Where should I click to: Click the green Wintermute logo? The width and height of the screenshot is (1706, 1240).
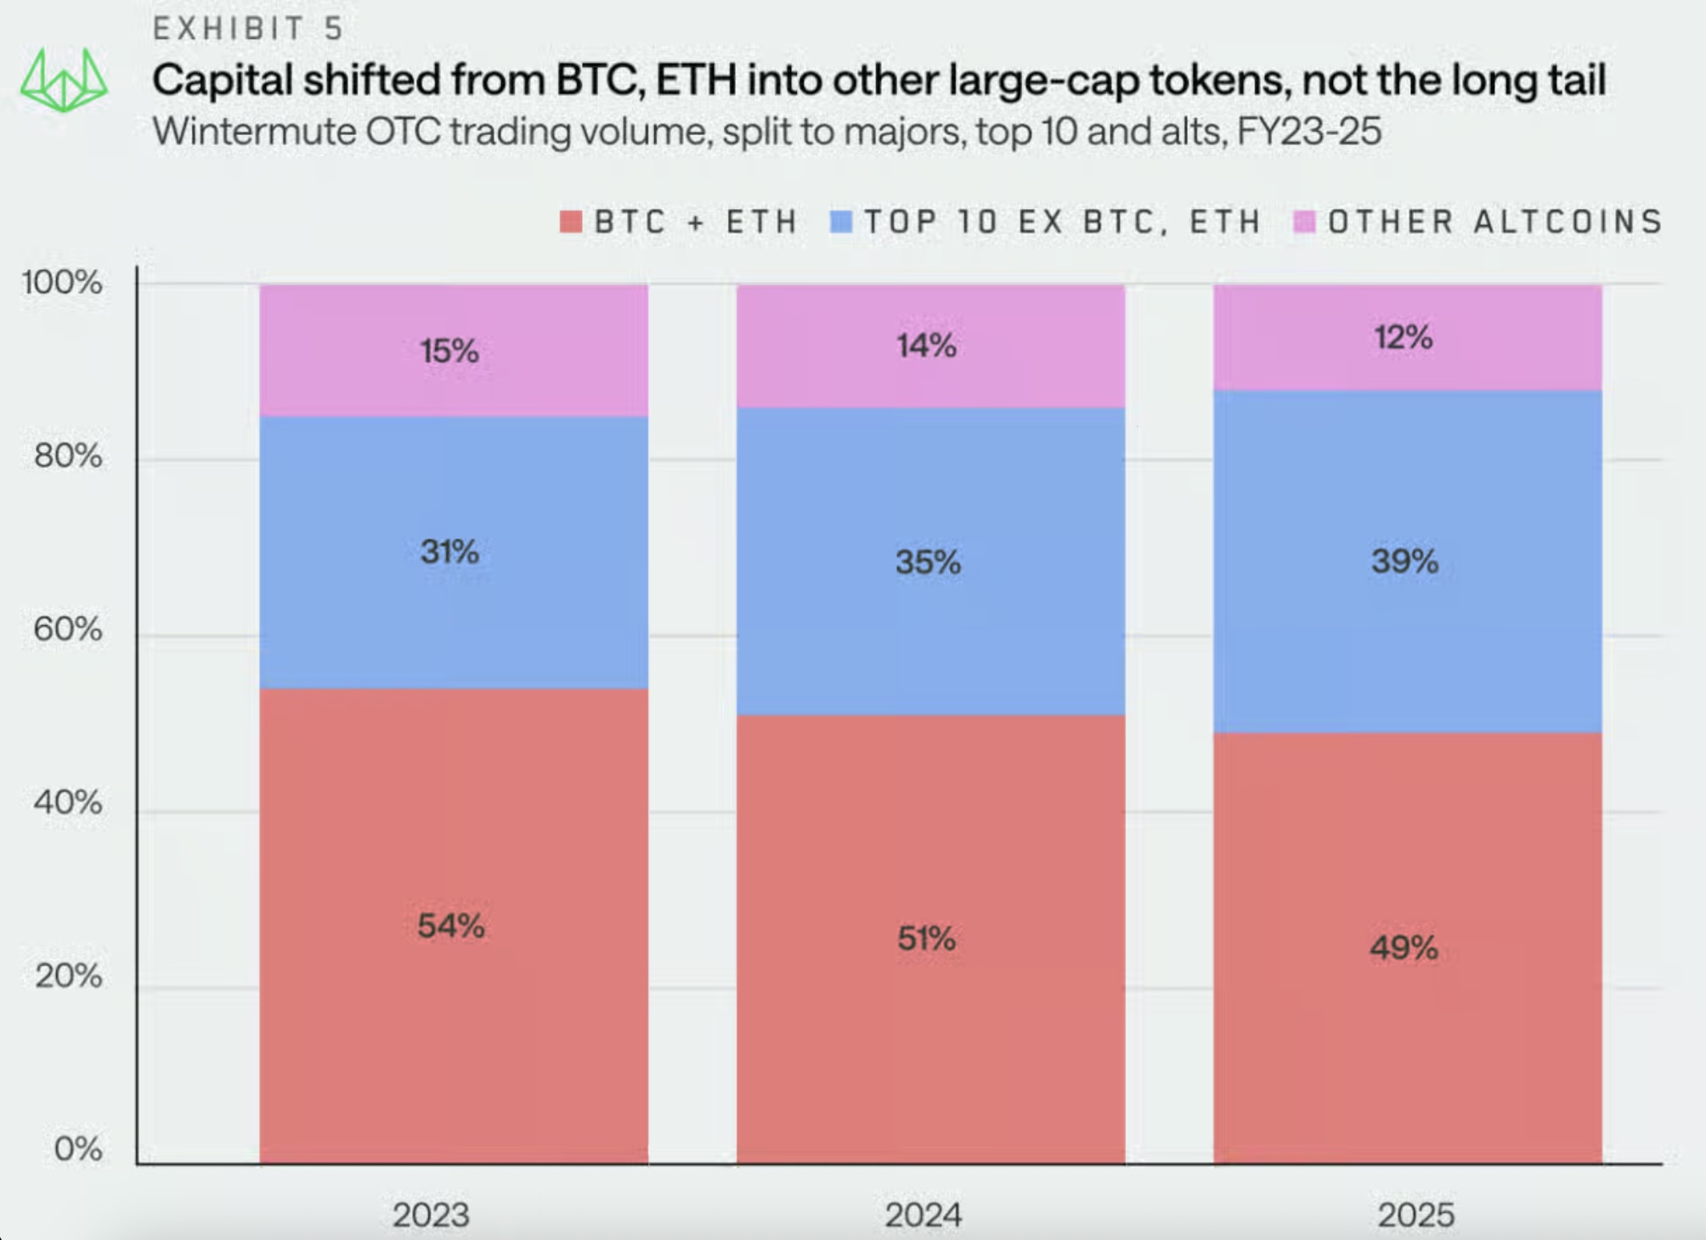pyautogui.click(x=64, y=81)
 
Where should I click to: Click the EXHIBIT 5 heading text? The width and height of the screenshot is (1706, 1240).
pyautogui.click(x=248, y=29)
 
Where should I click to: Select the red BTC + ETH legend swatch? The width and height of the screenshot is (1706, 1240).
pyautogui.click(x=571, y=222)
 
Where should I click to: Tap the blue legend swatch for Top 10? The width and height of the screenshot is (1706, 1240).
pyautogui.click(x=841, y=222)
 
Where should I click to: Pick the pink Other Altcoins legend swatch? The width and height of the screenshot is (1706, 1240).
pyautogui.click(x=1304, y=222)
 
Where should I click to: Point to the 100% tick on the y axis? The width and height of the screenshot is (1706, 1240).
pyautogui.click(x=62, y=282)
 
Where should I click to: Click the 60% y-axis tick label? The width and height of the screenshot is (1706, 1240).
pyautogui.click(x=68, y=629)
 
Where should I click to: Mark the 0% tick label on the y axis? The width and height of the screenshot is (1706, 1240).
pyautogui.click(x=78, y=1149)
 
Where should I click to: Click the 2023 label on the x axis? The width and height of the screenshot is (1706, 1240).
pyautogui.click(x=431, y=1215)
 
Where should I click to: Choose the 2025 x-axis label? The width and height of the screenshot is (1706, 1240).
pyautogui.click(x=1416, y=1215)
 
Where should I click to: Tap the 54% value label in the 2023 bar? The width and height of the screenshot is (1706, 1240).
pyautogui.click(x=451, y=926)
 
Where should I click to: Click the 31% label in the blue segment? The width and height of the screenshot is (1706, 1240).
pyautogui.click(x=449, y=552)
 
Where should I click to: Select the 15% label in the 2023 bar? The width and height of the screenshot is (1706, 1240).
pyautogui.click(x=449, y=351)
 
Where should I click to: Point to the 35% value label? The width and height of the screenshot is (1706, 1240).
pyautogui.click(x=928, y=561)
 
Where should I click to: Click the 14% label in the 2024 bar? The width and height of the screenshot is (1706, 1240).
pyautogui.click(x=927, y=346)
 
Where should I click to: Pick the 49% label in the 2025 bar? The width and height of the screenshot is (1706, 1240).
pyautogui.click(x=1404, y=947)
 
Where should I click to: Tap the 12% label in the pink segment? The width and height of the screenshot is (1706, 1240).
pyautogui.click(x=1404, y=337)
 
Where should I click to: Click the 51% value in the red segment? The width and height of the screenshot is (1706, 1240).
pyautogui.click(x=927, y=938)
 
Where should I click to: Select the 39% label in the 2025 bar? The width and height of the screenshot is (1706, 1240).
pyautogui.click(x=1404, y=561)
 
